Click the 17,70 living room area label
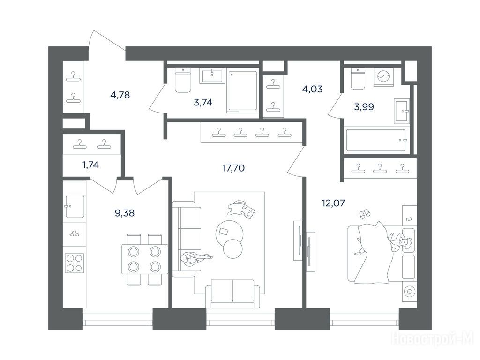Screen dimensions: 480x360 pyautogui.click(x=233, y=168)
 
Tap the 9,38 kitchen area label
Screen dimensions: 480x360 pyautogui.click(x=125, y=213)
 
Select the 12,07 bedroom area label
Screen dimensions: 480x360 pyautogui.click(x=333, y=202)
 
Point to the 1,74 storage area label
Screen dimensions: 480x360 pyautogui.click(x=90, y=165)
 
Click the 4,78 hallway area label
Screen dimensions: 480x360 pyautogui.click(x=120, y=95)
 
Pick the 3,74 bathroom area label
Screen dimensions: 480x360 pyautogui.click(x=203, y=102)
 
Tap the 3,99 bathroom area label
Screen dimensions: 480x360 pyautogui.click(x=364, y=107)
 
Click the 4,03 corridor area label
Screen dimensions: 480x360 pyautogui.click(x=312, y=89)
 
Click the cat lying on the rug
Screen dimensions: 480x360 pyautogui.click(x=241, y=210)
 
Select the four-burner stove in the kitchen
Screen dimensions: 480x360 pyautogui.click(x=74, y=263)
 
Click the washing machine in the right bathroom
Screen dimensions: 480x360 pyautogui.click(x=383, y=76)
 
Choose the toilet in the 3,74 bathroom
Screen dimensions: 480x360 pyautogui.click(x=183, y=80)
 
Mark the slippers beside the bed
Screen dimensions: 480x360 pyautogui.click(x=364, y=214)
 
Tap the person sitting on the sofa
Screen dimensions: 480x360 pyautogui.click(x=195, y=258)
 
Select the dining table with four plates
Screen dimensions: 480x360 pyautogui.click(x=145, y=259)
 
